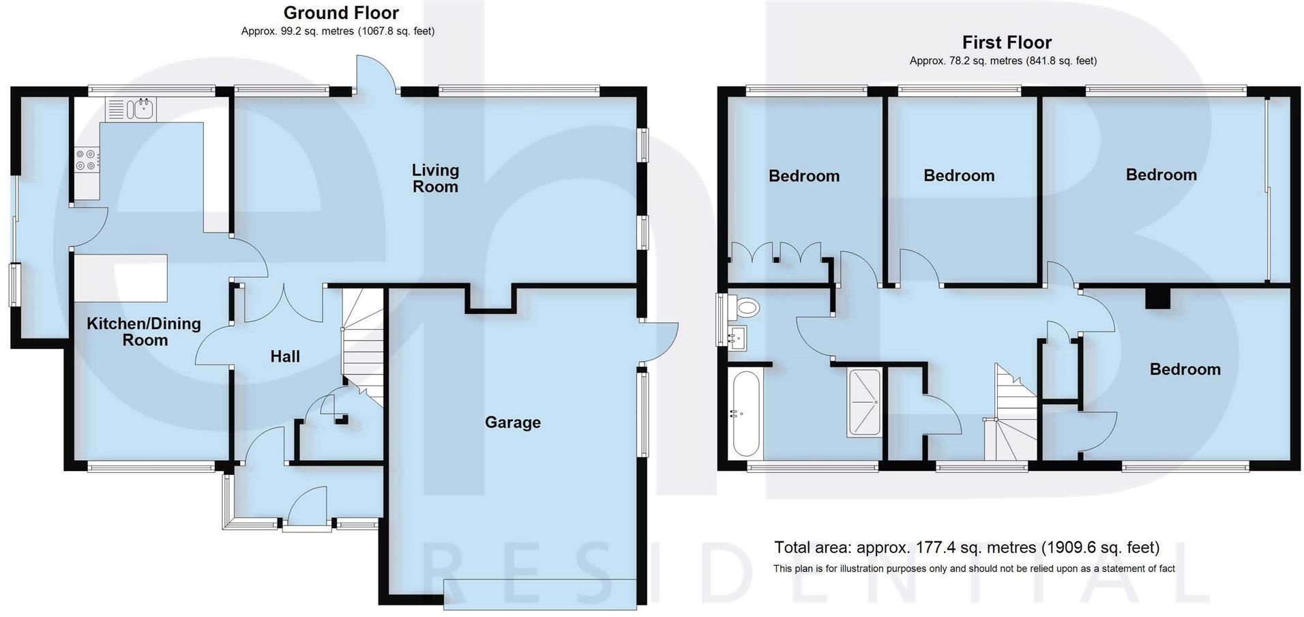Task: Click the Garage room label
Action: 512,422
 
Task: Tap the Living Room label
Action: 435,178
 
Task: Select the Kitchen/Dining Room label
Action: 144,332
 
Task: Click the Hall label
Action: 284,356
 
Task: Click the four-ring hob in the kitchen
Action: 86,160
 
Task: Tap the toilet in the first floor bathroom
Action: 745,307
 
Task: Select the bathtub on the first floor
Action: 744,413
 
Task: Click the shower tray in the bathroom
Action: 864,403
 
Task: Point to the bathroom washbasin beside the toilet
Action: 737,337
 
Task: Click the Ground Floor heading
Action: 341,12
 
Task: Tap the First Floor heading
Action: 1006,42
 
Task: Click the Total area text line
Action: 966,547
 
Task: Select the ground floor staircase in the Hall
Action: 361,341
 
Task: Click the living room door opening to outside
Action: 375,74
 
